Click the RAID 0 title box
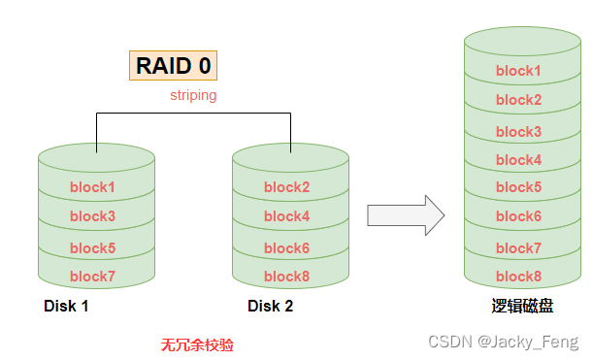174,66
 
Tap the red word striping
193,95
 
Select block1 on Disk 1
92,187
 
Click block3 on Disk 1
92,216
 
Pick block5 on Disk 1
92,248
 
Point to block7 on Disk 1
92,277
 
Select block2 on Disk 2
287,187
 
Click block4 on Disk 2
287,216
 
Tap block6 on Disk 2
287,248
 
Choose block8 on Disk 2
287,277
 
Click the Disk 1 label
66,307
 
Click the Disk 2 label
270,307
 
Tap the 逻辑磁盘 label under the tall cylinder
522,307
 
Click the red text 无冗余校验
197,344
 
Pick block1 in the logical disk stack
518,71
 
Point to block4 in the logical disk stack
518,160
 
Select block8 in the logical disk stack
518,277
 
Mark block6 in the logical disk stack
518,216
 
